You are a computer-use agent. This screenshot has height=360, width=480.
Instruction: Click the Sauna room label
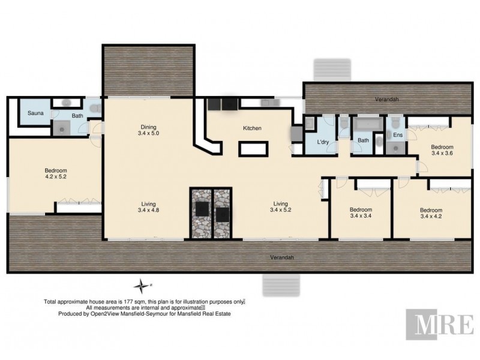coord(32,113)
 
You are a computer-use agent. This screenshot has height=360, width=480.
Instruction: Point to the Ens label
coord(397,136)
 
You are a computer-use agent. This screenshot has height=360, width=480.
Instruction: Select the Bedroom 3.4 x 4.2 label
coord(431,213)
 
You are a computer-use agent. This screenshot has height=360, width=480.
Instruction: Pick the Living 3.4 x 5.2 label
coord(282,206)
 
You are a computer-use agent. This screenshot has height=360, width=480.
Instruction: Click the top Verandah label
coord(386,100)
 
